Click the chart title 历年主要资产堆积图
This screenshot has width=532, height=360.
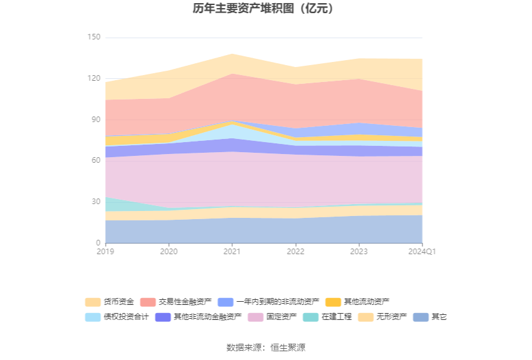[x=263, y=9]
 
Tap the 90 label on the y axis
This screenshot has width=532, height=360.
[x=96, y=120]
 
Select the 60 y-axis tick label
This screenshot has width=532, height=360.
[x=96, y=161]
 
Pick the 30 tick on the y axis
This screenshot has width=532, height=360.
[x=96, y=202]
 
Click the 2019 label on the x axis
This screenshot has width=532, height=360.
[x=106, y=252]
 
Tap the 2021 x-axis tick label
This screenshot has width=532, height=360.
[x=232, y=252]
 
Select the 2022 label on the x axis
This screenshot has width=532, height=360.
[x=295, y=252]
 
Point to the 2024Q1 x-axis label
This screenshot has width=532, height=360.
[x=422, y=252]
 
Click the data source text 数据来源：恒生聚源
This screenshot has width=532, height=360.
[x=266, y=347]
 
